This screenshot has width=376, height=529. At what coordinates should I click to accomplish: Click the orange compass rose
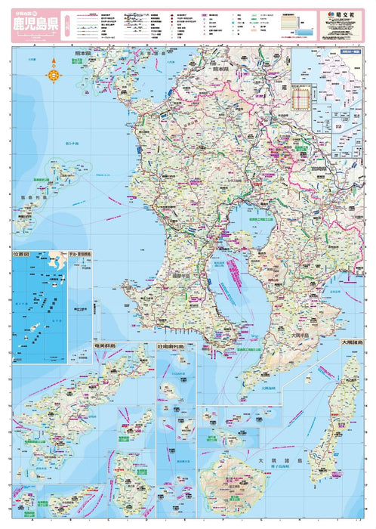pyautogui.click(x=54, y=74)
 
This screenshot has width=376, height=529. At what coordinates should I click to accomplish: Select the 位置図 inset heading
pyautogui.click(x=24, y=255)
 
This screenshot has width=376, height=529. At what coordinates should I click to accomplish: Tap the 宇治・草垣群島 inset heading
pyautogui.click(x=79, y=255)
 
